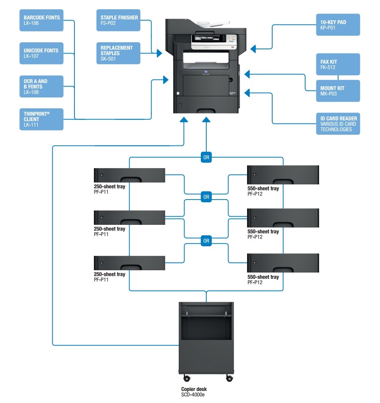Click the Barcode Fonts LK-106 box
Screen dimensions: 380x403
(41, 20)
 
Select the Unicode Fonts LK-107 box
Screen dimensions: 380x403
(41, 53)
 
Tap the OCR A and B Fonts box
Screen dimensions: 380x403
(41, 86)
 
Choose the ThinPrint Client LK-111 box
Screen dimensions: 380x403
(41, 119)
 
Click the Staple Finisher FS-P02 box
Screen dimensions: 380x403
(118, 20)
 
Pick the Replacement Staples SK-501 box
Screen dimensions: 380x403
(118, 53)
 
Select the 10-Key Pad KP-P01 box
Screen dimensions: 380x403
(338, 25)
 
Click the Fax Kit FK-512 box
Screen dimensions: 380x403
(338, 64)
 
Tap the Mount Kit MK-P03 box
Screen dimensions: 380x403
(338, 91)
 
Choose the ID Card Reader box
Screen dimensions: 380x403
(338, 123)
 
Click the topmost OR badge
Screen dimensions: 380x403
(206, 157)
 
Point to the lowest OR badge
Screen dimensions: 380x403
(206, 241)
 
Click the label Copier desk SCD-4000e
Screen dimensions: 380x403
(194, 392)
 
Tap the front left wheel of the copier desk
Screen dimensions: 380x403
(187, 378)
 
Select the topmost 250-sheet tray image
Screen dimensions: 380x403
(130, 175)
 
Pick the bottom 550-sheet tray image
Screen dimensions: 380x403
(283, 263)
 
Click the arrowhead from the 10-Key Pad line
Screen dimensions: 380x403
(253, 49)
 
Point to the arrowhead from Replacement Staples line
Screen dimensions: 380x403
(159, 53)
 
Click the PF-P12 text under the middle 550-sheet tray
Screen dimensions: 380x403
(255, 237)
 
